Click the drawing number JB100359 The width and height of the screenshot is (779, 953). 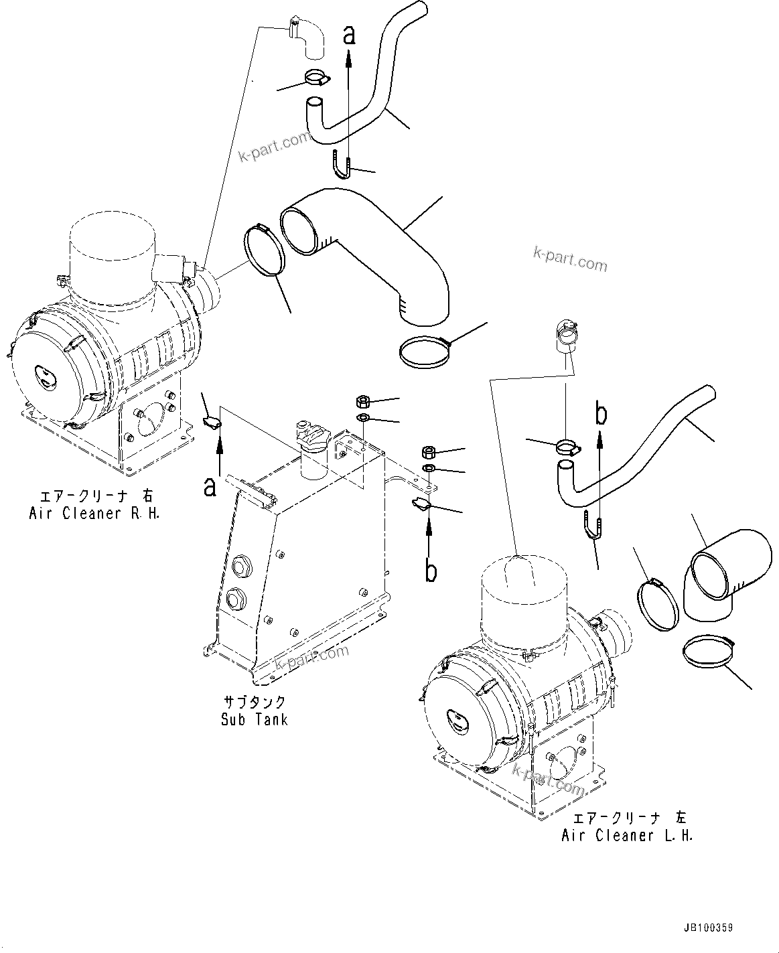coord(708,928)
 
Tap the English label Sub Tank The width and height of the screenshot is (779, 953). coord(255,719)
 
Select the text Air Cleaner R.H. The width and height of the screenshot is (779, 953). coord(94,513)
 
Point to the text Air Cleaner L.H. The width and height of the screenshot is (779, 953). coord(627,835)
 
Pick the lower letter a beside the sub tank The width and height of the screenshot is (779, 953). coord(210,487)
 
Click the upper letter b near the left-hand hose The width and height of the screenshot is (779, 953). coord(601,415)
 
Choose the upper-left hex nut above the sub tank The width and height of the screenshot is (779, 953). coord(362,401)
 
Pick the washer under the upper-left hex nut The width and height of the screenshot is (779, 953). coord(362,419)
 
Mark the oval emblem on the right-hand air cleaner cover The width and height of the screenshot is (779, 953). coord(45,379)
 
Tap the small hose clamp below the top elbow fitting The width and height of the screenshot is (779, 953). coord(316,78)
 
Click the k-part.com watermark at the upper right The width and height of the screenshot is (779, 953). coord(570,259)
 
